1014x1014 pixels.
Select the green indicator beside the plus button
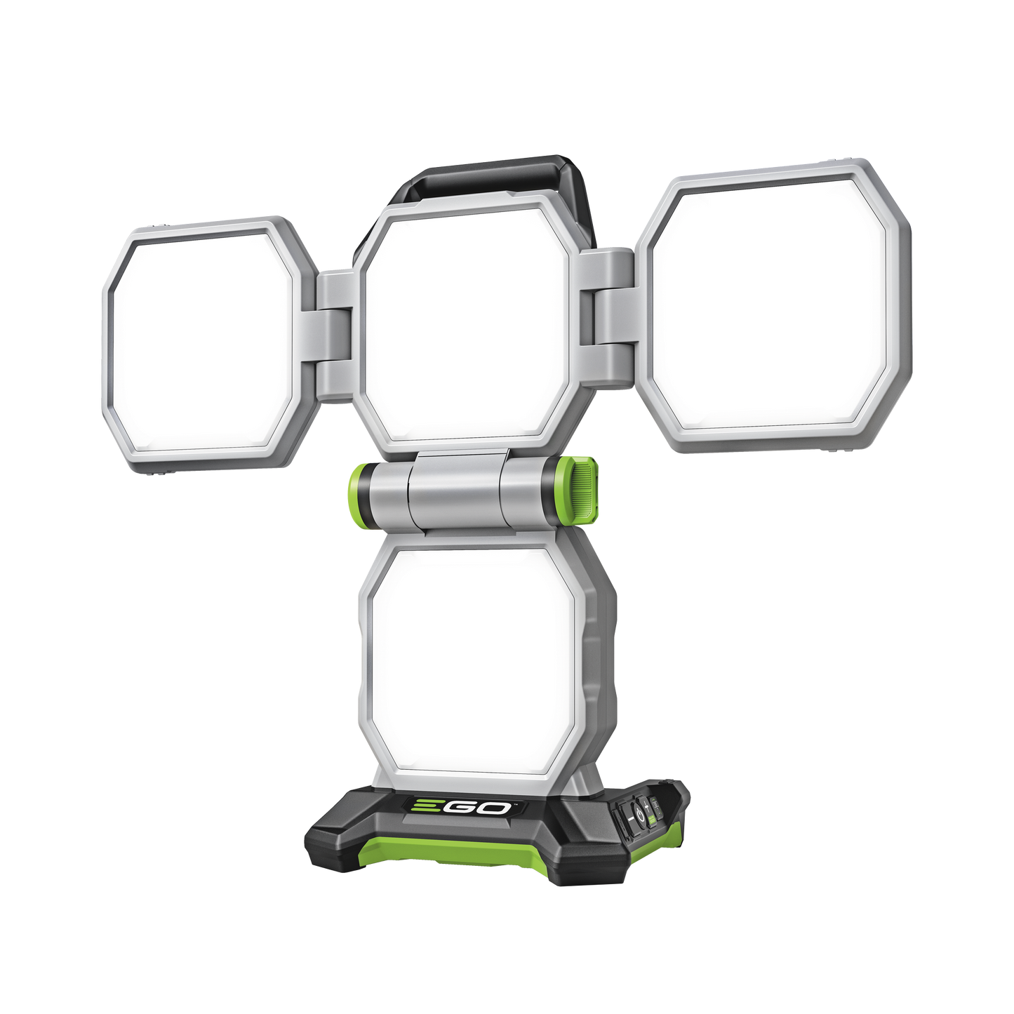click(x=651, y=818)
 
